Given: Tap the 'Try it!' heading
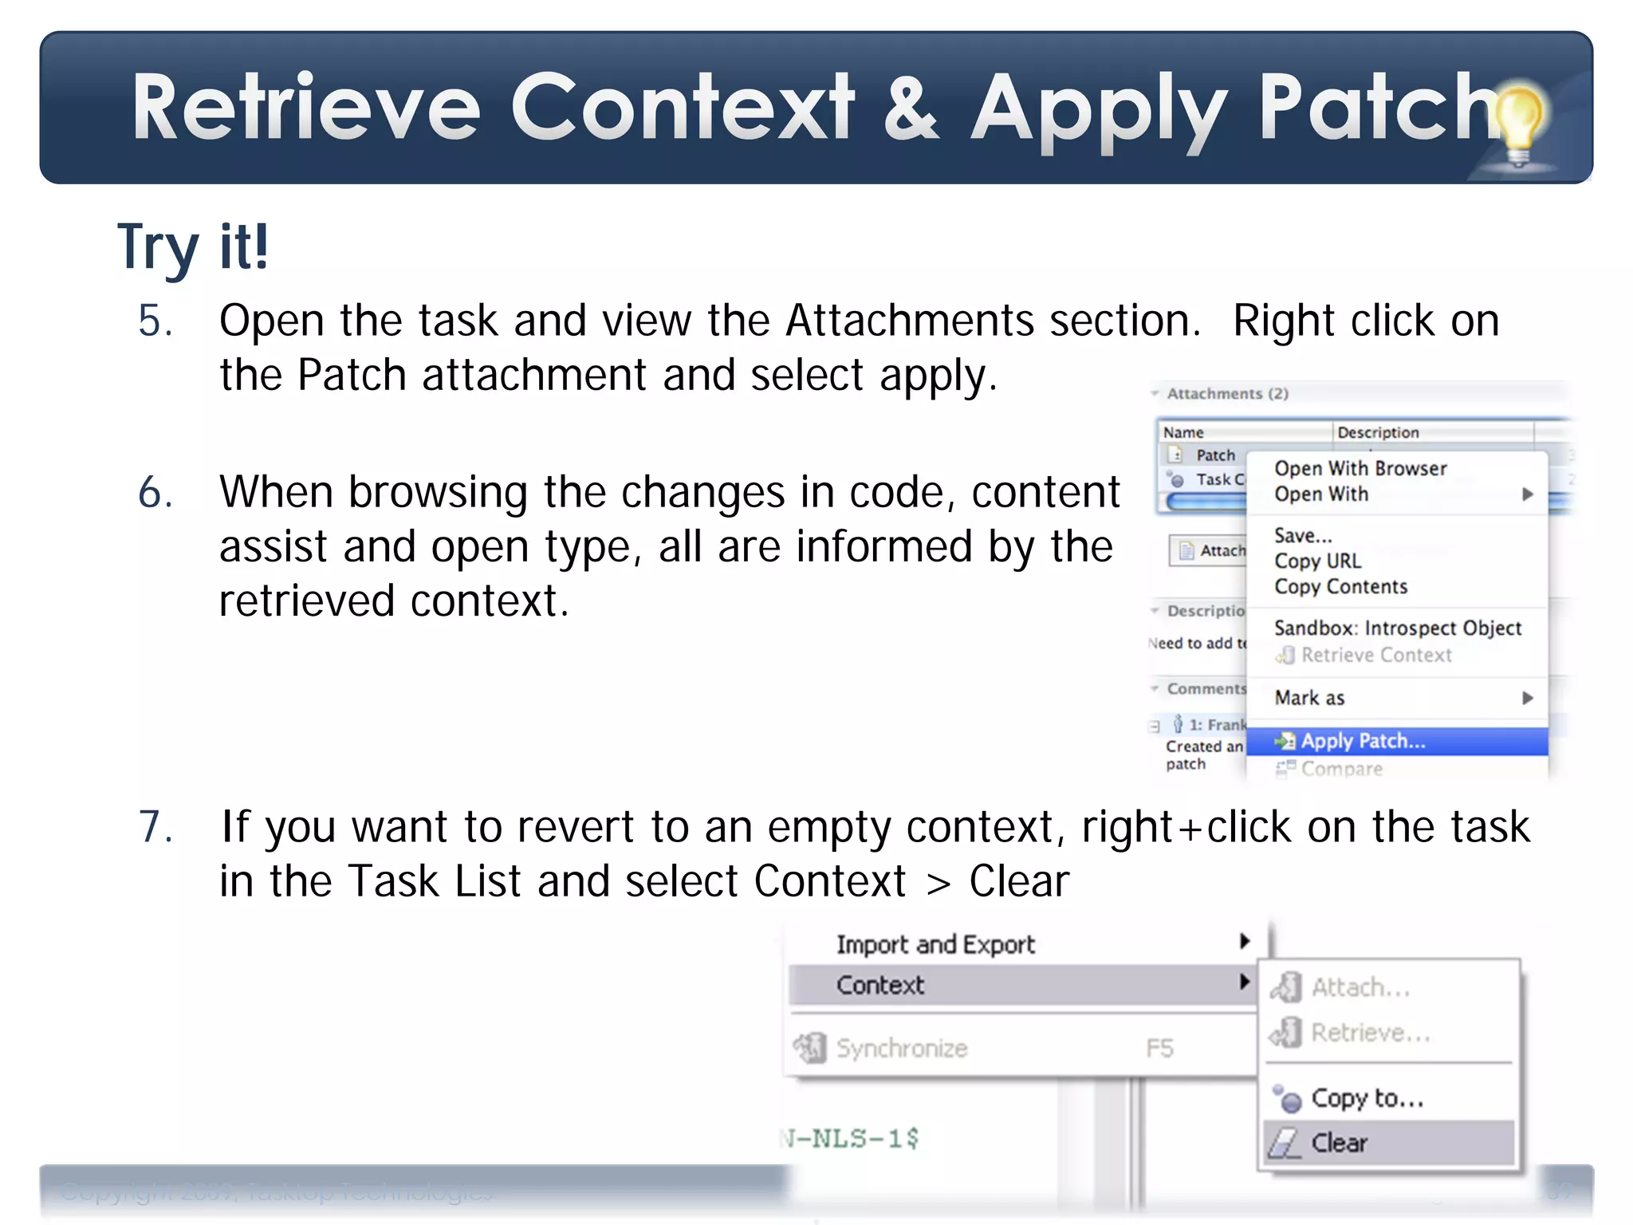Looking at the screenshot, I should coord(193,246).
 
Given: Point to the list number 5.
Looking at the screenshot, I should coord(155,321).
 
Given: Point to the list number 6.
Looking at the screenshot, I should coord(155,492).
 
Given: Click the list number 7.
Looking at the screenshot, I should coord(155,826).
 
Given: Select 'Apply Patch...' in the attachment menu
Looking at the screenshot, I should coord(1363,741).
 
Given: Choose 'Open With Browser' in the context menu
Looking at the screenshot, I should coord(1360,468).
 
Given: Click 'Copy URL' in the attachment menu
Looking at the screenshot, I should coord(1317,561).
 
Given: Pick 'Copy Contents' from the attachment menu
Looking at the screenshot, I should coord(1340,586).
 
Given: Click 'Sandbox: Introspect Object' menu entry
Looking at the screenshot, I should coord(1397,628).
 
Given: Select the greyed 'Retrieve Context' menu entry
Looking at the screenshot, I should coord(1375,655).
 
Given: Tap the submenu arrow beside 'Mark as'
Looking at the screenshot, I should coord(1527,698).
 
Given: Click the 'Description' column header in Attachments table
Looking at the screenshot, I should coord(1378,432).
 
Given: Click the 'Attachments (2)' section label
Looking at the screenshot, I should coord(1227,393).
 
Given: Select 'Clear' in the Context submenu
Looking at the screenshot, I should coord(1339,1143).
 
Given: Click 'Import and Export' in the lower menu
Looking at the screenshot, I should coord(935,944).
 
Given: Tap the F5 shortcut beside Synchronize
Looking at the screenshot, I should coord(1159,1047).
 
